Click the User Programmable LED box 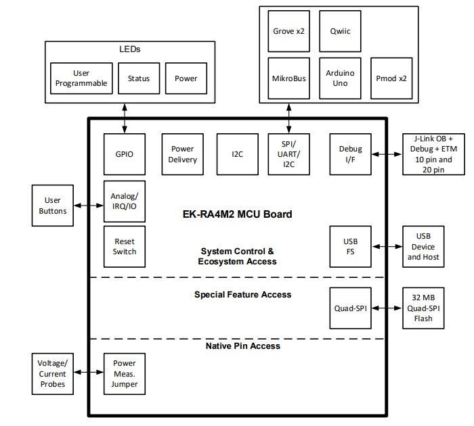tap(81, 78)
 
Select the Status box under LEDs tap(138, 78)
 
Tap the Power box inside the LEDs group tap(186, 78)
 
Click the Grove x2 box tap(288, 30)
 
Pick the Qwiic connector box tap(339, 30)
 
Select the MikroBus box tap(288, 78)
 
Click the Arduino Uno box tap(339, 78)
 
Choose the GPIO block tap(125, 154)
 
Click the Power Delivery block tap(182, 154)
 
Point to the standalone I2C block tap(236, 154)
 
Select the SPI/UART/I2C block tap(290, 154)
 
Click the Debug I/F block tap(350, 154)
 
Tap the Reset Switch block tap(125, 246)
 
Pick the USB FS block tap(350, 247)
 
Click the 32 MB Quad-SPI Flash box tap(423, 308)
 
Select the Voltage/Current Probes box tap(52, 373)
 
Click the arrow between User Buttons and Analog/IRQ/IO tap(88, 206)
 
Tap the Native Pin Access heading tap(242, 346)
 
